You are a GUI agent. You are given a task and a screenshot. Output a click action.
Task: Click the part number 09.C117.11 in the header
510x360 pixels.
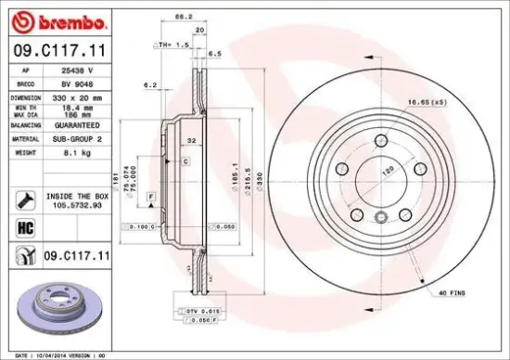[x=57, y=53]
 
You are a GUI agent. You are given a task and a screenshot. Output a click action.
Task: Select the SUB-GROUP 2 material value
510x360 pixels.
[x=82, y=136]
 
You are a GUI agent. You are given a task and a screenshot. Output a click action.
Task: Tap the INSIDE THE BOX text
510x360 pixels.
[x=78, y=196]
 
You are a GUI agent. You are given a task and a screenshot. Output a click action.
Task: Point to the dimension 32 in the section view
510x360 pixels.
[x=192, y=141]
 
